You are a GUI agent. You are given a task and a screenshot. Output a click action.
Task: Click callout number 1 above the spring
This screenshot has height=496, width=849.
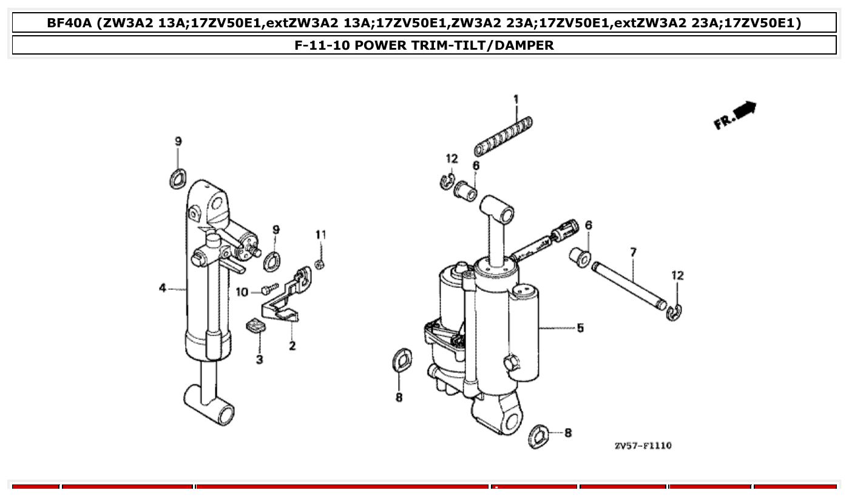516,99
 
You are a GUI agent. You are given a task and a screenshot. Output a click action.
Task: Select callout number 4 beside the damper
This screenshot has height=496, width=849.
163,289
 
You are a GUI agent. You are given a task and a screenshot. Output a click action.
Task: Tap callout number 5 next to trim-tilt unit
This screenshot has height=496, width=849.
580,328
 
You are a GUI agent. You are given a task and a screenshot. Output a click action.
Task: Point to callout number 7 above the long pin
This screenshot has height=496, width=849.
633,252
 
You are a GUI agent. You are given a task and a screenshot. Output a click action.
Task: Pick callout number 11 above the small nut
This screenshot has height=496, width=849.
320,234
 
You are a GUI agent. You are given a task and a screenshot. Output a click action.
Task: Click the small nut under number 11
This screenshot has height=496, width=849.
320,264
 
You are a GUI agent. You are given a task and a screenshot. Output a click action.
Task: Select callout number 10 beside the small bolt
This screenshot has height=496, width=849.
242,292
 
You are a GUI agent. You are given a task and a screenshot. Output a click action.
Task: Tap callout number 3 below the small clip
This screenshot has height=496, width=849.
260,360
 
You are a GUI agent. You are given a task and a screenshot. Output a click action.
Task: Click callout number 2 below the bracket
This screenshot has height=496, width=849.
292,346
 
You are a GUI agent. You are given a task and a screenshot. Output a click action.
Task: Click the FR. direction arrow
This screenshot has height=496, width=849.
736,115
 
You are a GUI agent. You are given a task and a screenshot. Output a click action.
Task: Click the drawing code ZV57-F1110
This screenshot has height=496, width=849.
643,446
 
